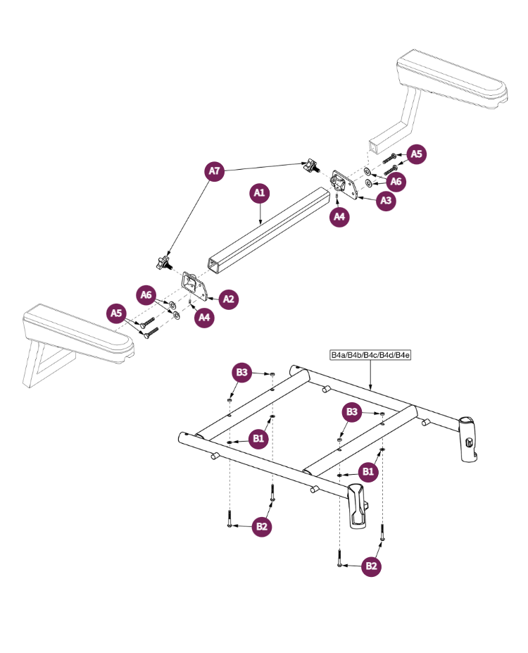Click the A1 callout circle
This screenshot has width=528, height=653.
tap(260, 193)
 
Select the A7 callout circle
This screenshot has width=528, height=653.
tap(215, 171)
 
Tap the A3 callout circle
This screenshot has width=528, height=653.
tap(386, 201)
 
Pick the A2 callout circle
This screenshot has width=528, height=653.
tap(228, 299)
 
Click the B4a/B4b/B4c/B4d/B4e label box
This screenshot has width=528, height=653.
tap(370, 355)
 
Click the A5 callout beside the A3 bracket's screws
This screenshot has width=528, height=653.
tap(417, 154)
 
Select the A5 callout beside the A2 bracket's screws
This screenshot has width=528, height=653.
tap(117, 313)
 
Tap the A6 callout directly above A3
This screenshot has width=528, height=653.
tap(396, 181)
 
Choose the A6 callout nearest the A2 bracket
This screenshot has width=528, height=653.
tap(146, 294)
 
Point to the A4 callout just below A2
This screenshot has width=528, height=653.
tap(204, 318)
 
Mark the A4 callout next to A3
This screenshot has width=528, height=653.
tap(339, 216)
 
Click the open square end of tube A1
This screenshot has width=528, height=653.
tap(213, 265)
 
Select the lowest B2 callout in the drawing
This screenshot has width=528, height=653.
tap(371, 566)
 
